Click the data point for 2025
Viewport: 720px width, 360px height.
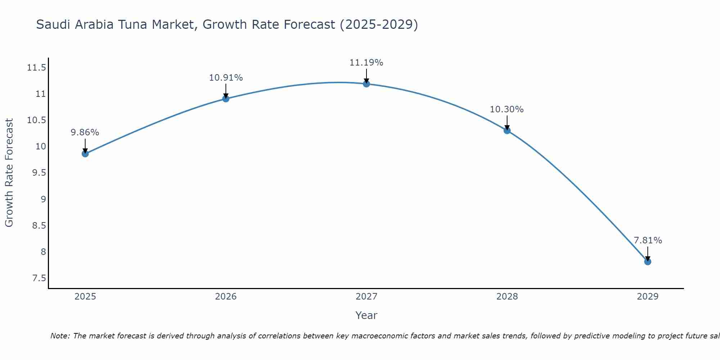coord(85,154)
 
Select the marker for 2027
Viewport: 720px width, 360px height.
coord(366,84)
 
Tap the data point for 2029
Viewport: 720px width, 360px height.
coord(648,262)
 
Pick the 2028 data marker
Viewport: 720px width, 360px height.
coord(507,131)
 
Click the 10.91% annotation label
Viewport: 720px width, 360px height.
coord(226,78)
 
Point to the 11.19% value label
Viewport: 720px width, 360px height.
coord(366,63)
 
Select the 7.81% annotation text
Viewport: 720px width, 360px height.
coord(648,240)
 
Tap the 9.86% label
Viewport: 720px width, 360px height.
coord(85,132)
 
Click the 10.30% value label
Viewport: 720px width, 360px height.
coord(507,109)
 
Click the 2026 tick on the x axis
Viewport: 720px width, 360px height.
coord(226,297)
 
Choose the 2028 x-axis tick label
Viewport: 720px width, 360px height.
coord(507,297)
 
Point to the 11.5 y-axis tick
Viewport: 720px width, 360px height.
coord(36,68)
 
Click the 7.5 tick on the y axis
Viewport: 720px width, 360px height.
coord(39,278)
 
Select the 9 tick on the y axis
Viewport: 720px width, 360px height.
coord(43,199)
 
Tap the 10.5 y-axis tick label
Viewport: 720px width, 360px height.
coord(36,120)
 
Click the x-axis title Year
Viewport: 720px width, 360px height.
coord(366,315)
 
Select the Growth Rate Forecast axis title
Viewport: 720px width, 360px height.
coord(9,173)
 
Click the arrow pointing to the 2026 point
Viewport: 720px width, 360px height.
coord(226,91)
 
